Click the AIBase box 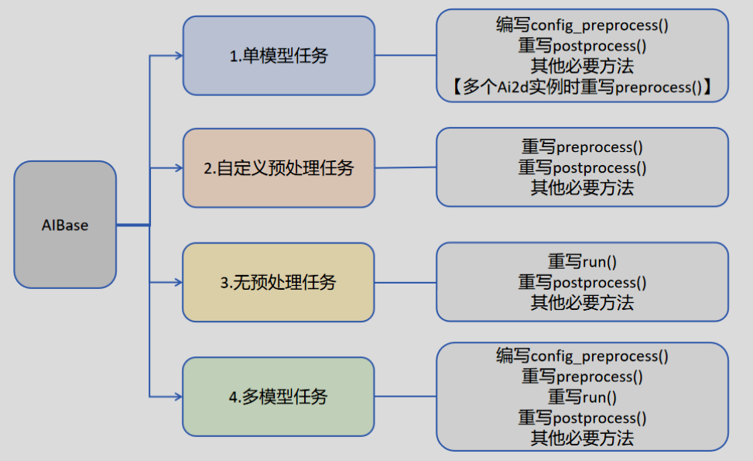coord(65,225)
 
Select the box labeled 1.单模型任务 coord(279,56)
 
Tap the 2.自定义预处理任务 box coord(279,167)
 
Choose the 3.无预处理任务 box coord(279,282)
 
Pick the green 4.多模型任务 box coord(279,397)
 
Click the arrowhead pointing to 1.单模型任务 coord(178,56)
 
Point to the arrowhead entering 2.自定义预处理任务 coord(178,167)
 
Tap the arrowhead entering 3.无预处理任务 coord(178,282)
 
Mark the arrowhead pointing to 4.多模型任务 coord(178,397)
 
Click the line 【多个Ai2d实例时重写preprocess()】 coord(582,87)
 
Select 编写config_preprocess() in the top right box coord(582,25)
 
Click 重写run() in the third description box coord(582,262)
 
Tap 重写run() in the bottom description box coord(582,397)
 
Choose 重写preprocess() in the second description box coord(582,146)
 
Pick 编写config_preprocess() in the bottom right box coord(582,356)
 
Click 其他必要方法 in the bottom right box coord(582,438)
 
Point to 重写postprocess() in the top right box coord(582,46)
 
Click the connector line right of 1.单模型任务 coord(406,56)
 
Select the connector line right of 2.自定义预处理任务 coord(406,167)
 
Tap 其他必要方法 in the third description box coord(582,302)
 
